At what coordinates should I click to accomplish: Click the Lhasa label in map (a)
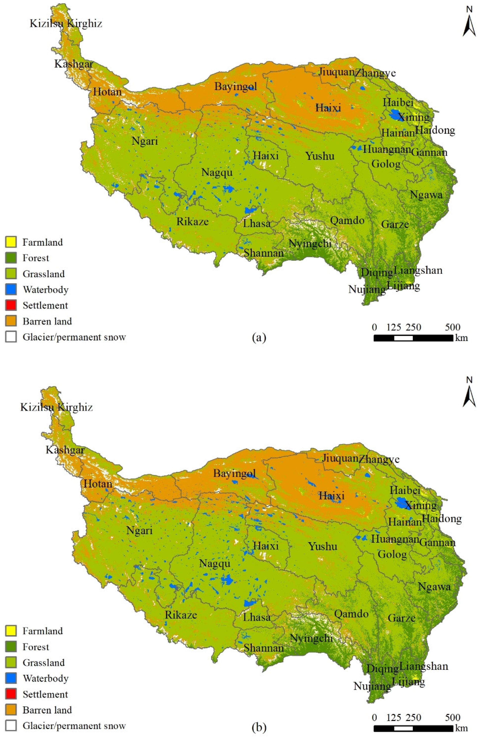click(x=256, y=223)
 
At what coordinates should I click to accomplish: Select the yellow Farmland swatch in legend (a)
click(x=11, y=242)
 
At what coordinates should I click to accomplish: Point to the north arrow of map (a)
click(x=469, y=26)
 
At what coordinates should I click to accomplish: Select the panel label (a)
click(x=259, y=337)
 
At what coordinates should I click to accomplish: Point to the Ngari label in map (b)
click(x=139, y=531)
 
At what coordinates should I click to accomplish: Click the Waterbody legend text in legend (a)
click(x=45, y=290)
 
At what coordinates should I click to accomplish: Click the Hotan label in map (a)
click(x=107, y=92)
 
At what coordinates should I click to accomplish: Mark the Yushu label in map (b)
click(x=323, y=546)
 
